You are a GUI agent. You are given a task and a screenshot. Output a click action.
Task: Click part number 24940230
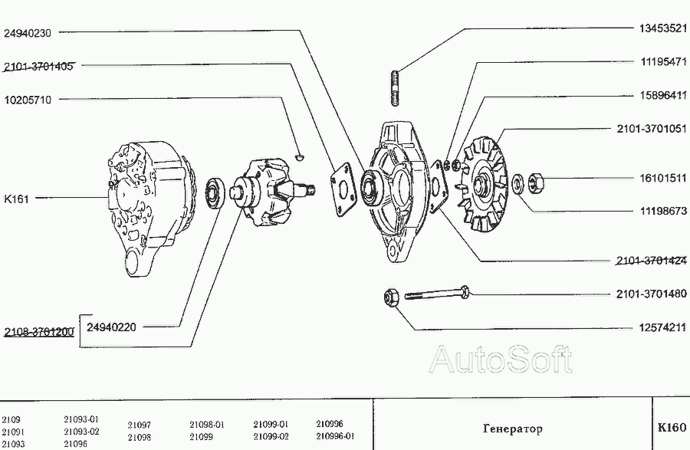[x=29, y=33]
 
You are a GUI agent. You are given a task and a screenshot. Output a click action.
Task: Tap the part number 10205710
[x=29, y=100]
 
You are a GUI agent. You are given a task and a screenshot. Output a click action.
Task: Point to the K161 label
[x=17, y=199]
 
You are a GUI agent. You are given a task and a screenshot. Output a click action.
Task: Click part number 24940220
[x=111, y=327]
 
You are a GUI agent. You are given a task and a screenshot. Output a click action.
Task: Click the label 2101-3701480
[x=652, y=294]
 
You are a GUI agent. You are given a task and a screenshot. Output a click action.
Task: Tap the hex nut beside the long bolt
[x=390, y=297]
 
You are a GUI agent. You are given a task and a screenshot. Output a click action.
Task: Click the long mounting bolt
[x=437, y=293]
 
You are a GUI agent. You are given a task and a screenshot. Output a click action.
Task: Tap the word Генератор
[x=513, y=429]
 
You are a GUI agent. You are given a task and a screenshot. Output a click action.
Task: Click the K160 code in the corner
[x=672, y=429]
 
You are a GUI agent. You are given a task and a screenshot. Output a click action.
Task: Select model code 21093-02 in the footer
[x=81, y=432]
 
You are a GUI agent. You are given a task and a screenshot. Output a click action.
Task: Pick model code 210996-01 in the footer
[x=334, y=435]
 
